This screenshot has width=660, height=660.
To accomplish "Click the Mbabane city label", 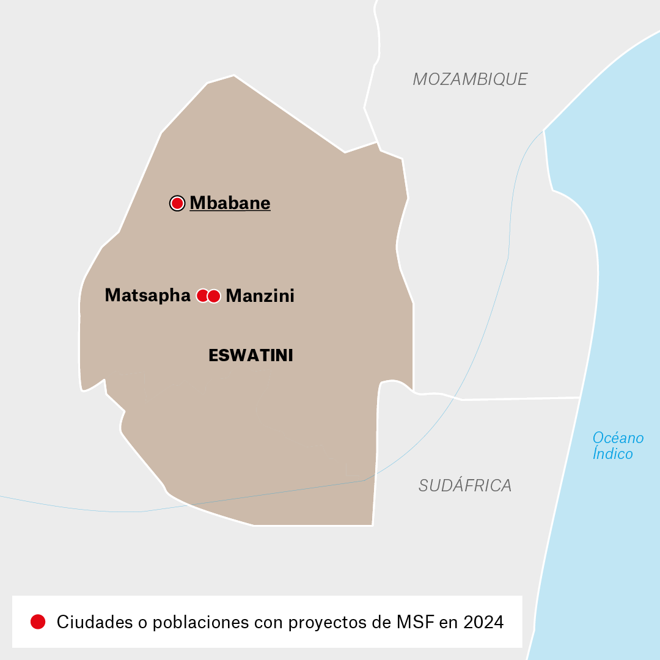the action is (230, 203).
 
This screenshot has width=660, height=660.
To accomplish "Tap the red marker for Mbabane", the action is (177, 203).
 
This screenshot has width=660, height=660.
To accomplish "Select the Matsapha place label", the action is (147, 295).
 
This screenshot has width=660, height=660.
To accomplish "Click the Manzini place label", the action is (260, 296).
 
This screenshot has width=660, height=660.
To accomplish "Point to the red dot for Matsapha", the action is (202, 296).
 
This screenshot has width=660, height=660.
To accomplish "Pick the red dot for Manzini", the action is (214, 296).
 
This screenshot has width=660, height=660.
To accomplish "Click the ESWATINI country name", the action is (251, 356).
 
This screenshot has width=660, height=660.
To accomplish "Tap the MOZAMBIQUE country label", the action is (470, 79).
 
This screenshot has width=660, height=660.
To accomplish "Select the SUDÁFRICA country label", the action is (465, 486).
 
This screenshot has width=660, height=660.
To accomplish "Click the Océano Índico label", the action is (617, 446).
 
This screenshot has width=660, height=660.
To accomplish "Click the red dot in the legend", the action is (38, 621).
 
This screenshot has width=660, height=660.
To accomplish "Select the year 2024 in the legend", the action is (483, 622).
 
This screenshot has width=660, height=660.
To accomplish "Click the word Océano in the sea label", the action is (618, 438).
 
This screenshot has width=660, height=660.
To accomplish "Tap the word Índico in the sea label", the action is (612, 453).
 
